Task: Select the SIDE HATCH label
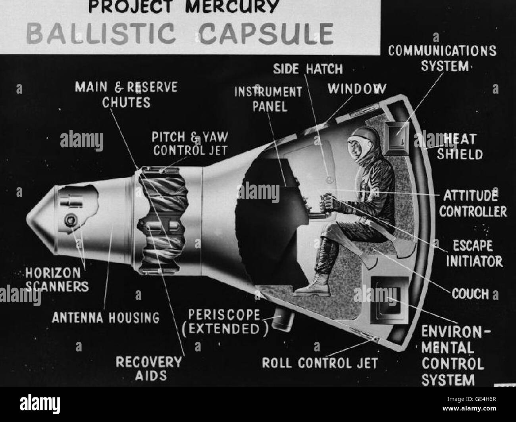coord(308,69)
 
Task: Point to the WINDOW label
coord(356,88)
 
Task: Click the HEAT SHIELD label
coord(460,146)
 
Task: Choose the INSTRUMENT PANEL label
coord(268,99)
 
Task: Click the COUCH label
coord(470,294)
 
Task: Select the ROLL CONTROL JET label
coord(320,363)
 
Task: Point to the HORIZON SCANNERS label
coord(57,279)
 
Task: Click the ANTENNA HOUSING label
coord(106,317)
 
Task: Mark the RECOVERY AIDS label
coord(148,368)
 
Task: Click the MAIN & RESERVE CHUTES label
coord(126,94)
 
